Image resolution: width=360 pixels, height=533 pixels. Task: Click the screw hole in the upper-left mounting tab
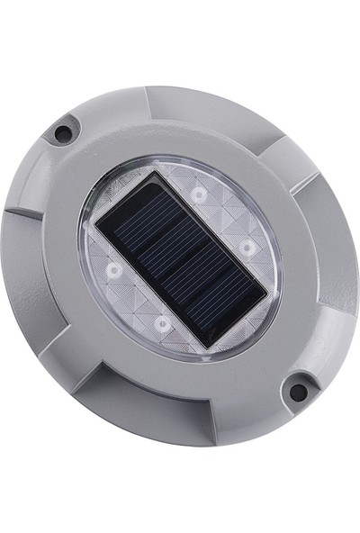click(63, 133)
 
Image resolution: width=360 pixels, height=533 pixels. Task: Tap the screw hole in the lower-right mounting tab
click(296, 392)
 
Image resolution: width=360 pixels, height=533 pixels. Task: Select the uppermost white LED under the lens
click(198, 194)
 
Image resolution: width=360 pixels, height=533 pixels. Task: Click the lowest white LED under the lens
click(162, 321)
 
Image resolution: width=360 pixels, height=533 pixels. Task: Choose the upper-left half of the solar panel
click(144, 234)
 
